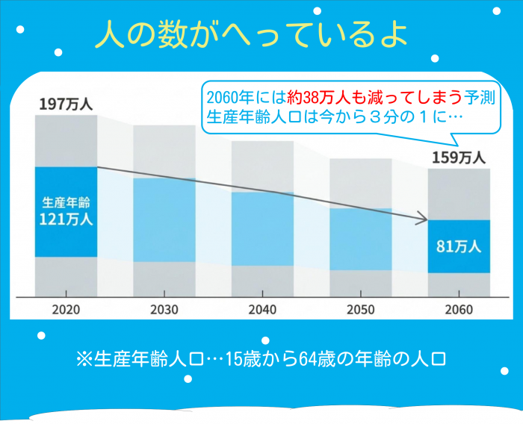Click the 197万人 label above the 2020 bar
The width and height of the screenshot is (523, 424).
coord(66,105)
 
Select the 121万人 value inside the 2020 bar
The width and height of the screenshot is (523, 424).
coord(66,219)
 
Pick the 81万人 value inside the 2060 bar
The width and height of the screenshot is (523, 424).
coord(459,246)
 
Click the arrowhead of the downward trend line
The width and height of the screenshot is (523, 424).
coord(423,219)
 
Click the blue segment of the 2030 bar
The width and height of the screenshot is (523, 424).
coord(164,220)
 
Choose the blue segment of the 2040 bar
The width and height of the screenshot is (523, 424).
coord(262,228)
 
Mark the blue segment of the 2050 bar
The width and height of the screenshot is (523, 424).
coord(360,239)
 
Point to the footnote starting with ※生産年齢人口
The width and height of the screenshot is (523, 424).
coord(261,360)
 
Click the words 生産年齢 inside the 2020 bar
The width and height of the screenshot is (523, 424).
coord(66,202)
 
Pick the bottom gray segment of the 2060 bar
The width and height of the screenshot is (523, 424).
coord(459,284)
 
